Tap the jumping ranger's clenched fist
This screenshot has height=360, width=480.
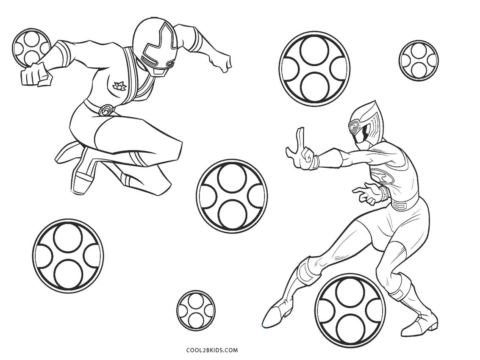[35, 75]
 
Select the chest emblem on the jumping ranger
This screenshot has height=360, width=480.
[120, 87]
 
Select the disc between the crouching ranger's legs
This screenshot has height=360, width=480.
[350, 309]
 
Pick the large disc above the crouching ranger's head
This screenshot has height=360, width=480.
[315, 67]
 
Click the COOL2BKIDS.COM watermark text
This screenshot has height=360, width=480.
[211, 350]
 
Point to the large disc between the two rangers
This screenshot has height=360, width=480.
[232, 195]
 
